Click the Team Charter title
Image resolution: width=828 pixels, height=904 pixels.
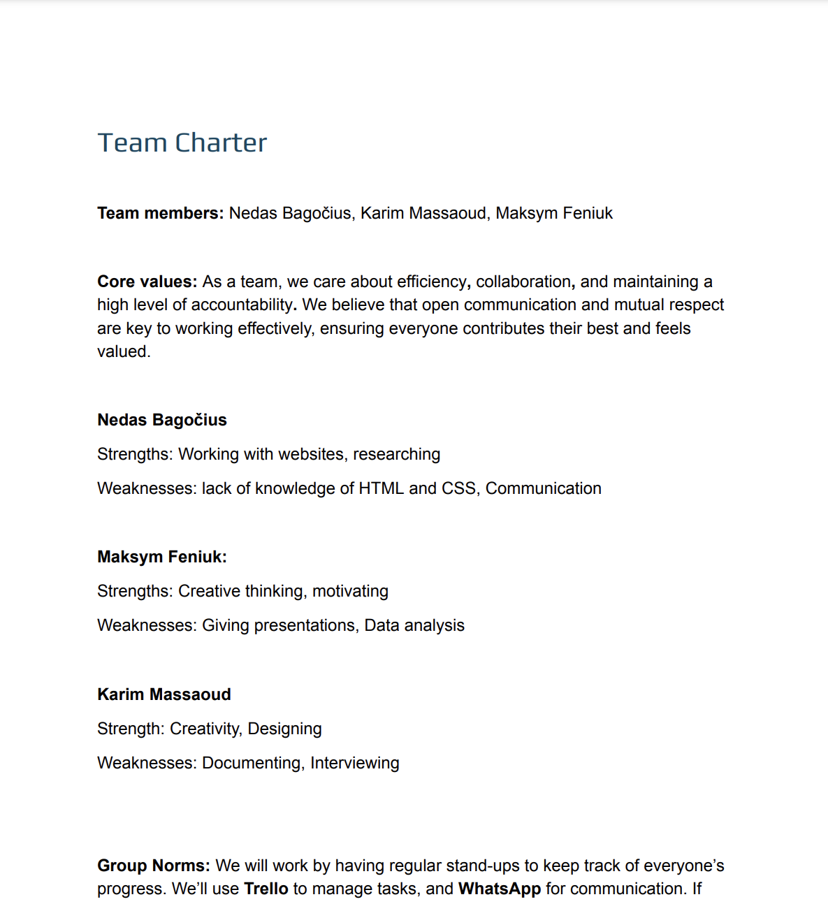182,143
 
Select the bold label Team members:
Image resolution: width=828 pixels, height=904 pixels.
160,213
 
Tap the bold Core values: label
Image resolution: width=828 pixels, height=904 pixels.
147,282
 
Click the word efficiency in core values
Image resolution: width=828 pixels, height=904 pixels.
431,282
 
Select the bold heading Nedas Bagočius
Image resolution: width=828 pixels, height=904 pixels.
162,420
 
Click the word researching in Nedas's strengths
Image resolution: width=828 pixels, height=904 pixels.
396,454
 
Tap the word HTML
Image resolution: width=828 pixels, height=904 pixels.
381,488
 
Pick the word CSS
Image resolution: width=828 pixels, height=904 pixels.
459,488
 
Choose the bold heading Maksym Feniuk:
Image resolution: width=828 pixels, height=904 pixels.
162,557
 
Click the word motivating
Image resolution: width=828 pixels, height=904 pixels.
350,591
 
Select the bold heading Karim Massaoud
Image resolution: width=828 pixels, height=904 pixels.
164,694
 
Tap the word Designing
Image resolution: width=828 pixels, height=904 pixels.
284,729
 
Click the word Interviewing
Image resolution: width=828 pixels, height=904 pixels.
354,763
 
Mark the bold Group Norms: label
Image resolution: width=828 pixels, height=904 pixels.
154,866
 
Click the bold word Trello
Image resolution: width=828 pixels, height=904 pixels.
266,889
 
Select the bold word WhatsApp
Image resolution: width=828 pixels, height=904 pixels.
500,889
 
